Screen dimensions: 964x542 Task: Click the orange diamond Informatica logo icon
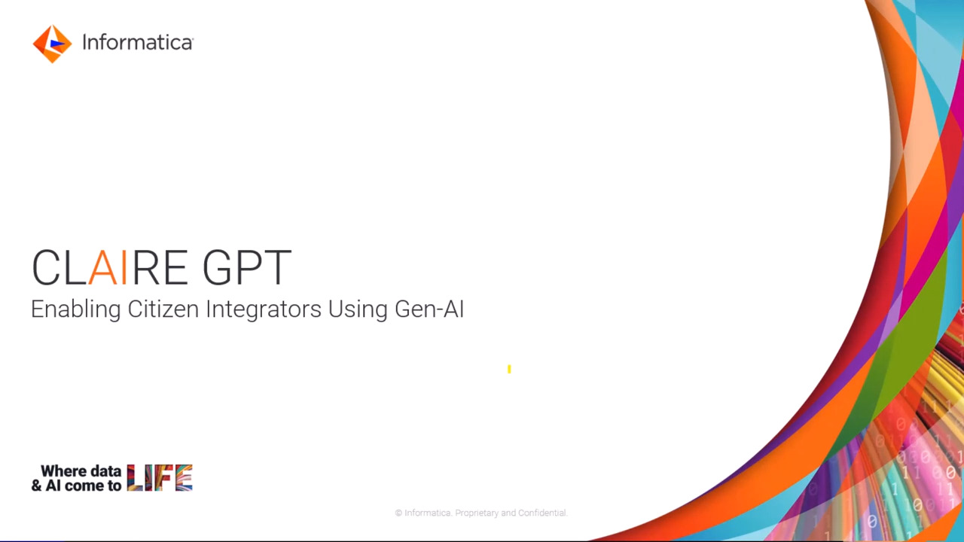point(52,44)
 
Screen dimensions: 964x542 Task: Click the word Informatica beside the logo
point(138,43)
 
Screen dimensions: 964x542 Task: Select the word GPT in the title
point(247,267)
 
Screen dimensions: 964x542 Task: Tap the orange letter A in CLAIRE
point(103,267)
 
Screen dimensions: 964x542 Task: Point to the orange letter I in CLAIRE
point(124,267)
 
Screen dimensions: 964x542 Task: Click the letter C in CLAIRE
point(46,267)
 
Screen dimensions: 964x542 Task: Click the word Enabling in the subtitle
point(76,309)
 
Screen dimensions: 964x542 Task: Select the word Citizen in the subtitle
point(163,309)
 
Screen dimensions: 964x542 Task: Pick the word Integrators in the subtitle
point(264,309)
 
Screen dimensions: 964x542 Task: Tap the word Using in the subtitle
point(358,309)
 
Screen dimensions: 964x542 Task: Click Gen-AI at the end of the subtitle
point(429,309)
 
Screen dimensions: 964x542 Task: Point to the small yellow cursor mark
point(509,369)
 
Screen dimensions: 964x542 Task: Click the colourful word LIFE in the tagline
point(160,477)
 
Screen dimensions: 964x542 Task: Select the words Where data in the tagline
point(81,471)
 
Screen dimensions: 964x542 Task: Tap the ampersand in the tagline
point(37,486)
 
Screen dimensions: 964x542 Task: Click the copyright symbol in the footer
point(398,513)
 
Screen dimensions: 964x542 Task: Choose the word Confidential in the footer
point(543,513)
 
